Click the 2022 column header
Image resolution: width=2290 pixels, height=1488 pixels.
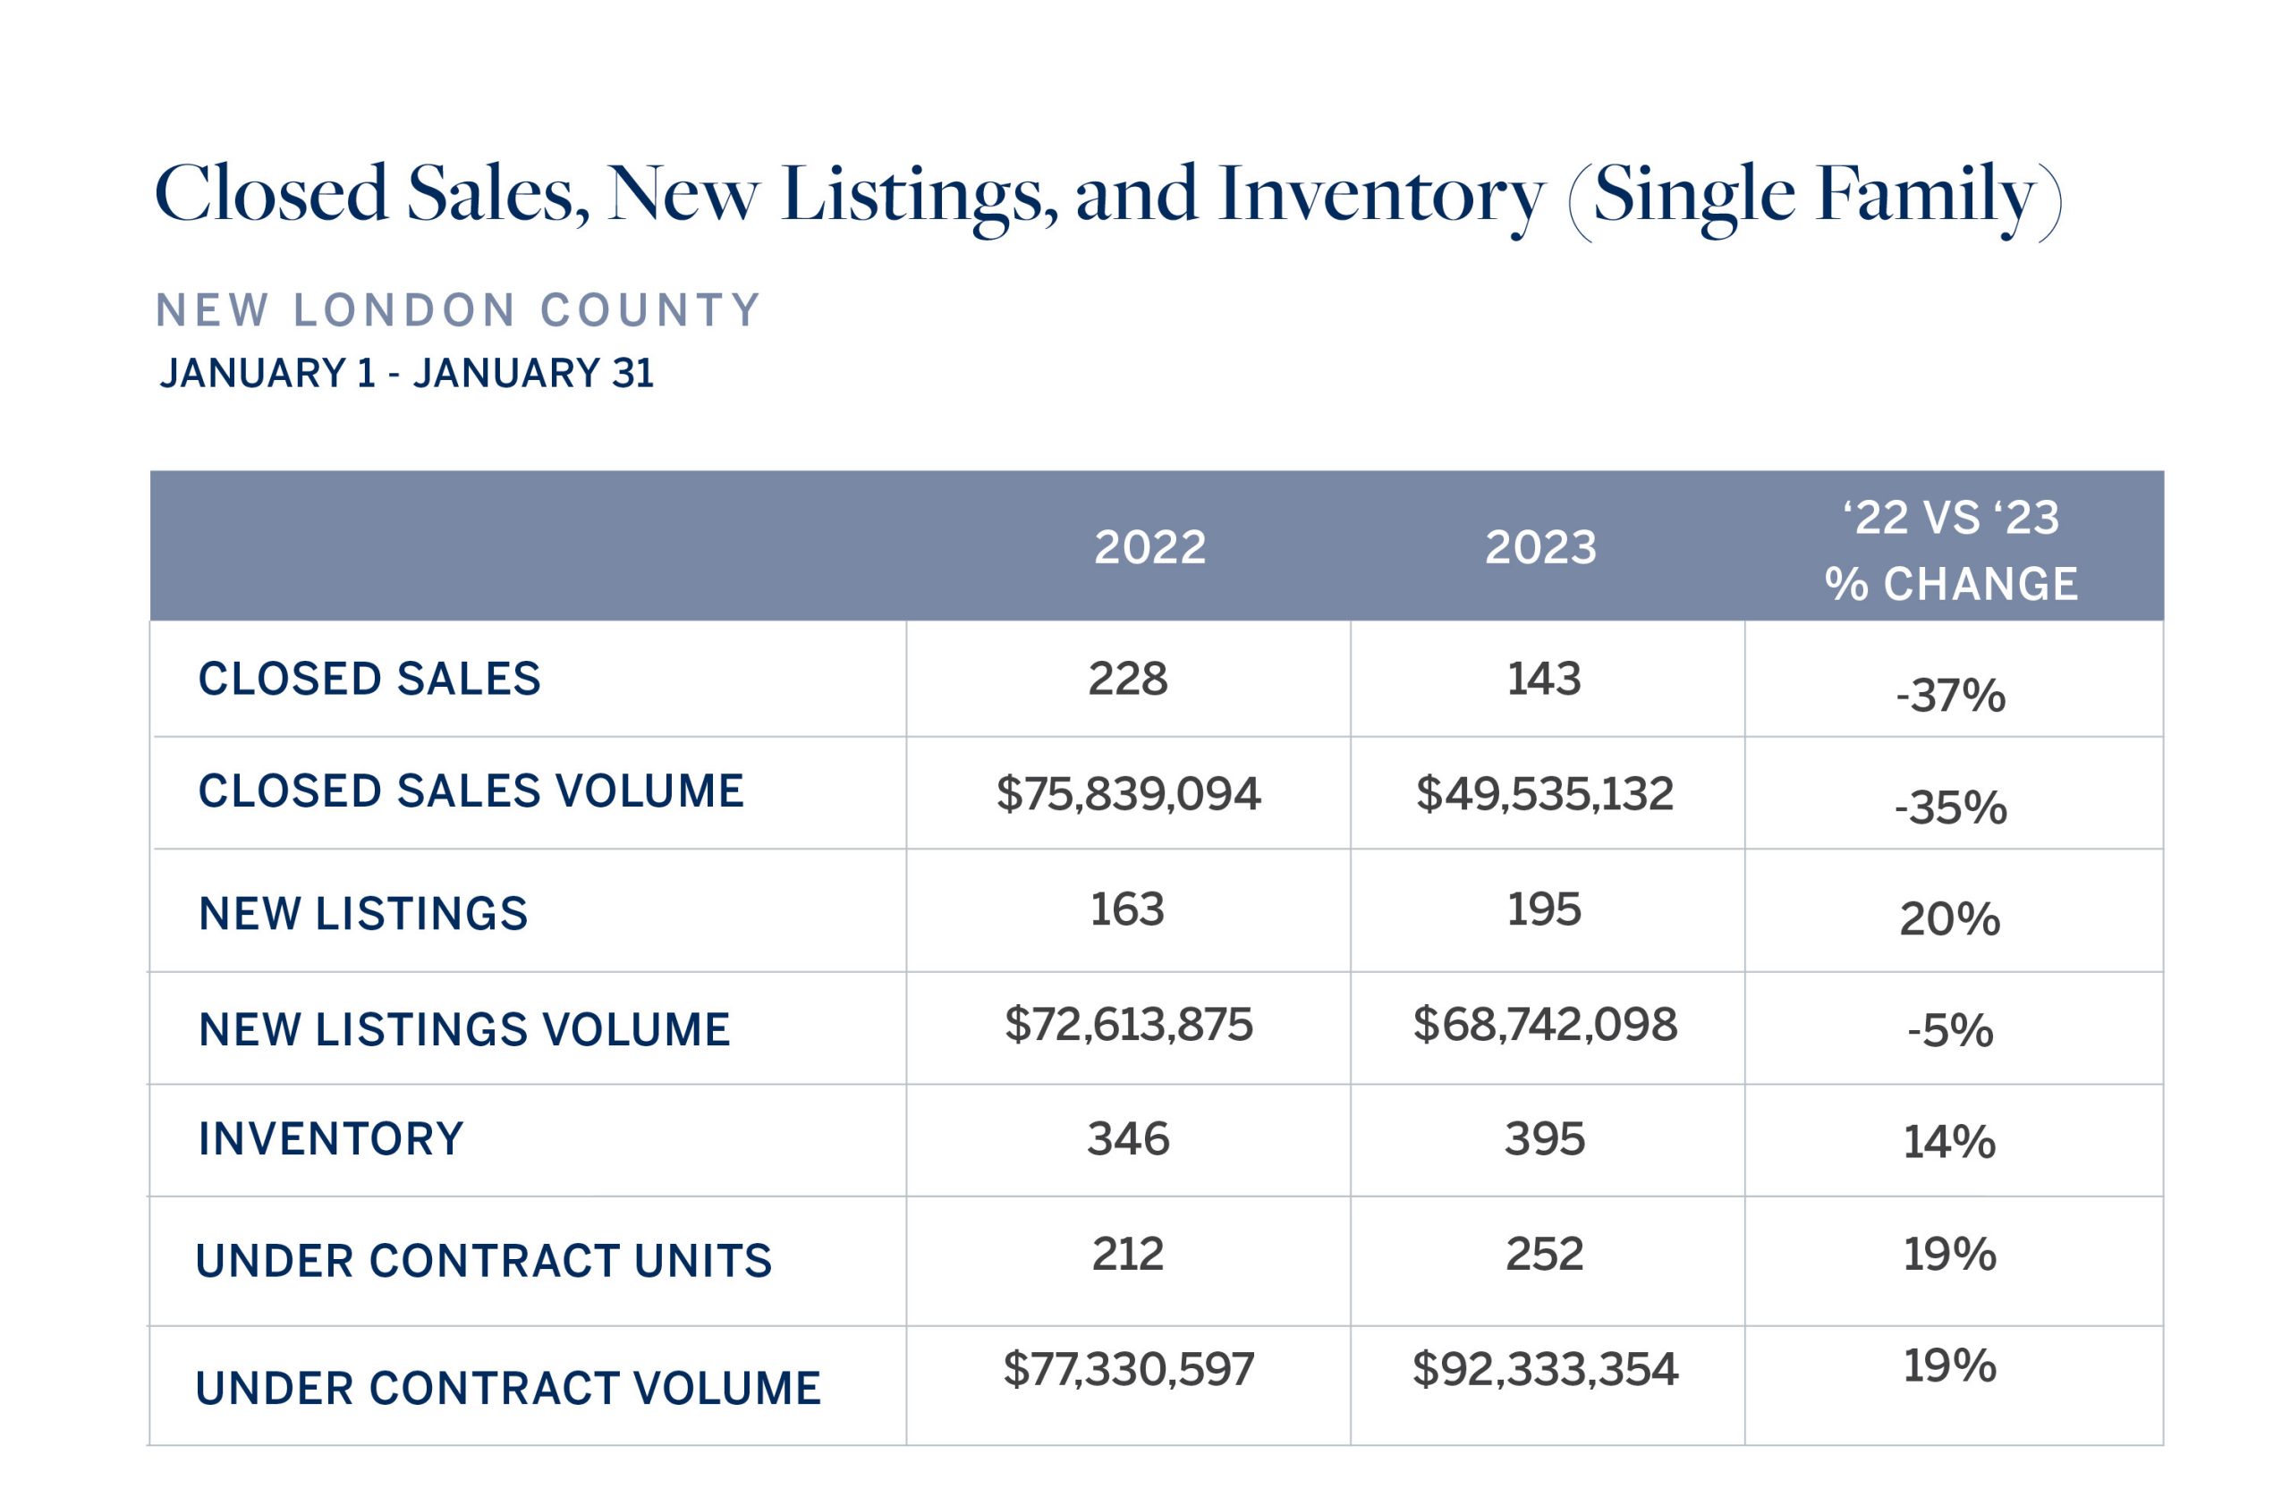(1149, 547)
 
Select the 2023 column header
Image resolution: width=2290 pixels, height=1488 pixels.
(1540, 547)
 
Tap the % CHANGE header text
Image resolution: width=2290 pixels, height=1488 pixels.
(1951, 584)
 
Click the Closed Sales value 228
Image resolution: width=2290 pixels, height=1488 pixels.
(1128, 679)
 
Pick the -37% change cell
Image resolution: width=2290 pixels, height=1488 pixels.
(1950, 696)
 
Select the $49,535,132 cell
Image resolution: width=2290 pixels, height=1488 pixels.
(1544, 793)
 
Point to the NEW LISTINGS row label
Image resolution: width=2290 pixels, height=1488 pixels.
(363, 914)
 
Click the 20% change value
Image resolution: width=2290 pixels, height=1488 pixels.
(1949, 918)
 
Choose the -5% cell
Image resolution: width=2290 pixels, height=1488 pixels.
(1950, 1030)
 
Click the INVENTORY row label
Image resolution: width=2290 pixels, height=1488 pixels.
(331, 1139)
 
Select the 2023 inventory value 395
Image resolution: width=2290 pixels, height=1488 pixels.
(1544, 1139)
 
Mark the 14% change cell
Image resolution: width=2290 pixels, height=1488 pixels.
(1949, 1142)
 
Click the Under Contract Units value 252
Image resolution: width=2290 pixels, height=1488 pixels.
(1544, 1254)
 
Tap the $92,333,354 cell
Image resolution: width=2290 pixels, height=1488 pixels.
(1544, 1369)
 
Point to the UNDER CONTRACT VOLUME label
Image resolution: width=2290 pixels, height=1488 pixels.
(508, 1388)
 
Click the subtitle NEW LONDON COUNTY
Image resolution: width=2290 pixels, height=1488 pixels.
(458, 310)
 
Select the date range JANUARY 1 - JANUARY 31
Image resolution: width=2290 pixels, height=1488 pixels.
(406, 373)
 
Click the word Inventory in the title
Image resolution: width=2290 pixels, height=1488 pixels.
(1381, 195)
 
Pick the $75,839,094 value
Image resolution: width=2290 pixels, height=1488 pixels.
(1128, 793)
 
